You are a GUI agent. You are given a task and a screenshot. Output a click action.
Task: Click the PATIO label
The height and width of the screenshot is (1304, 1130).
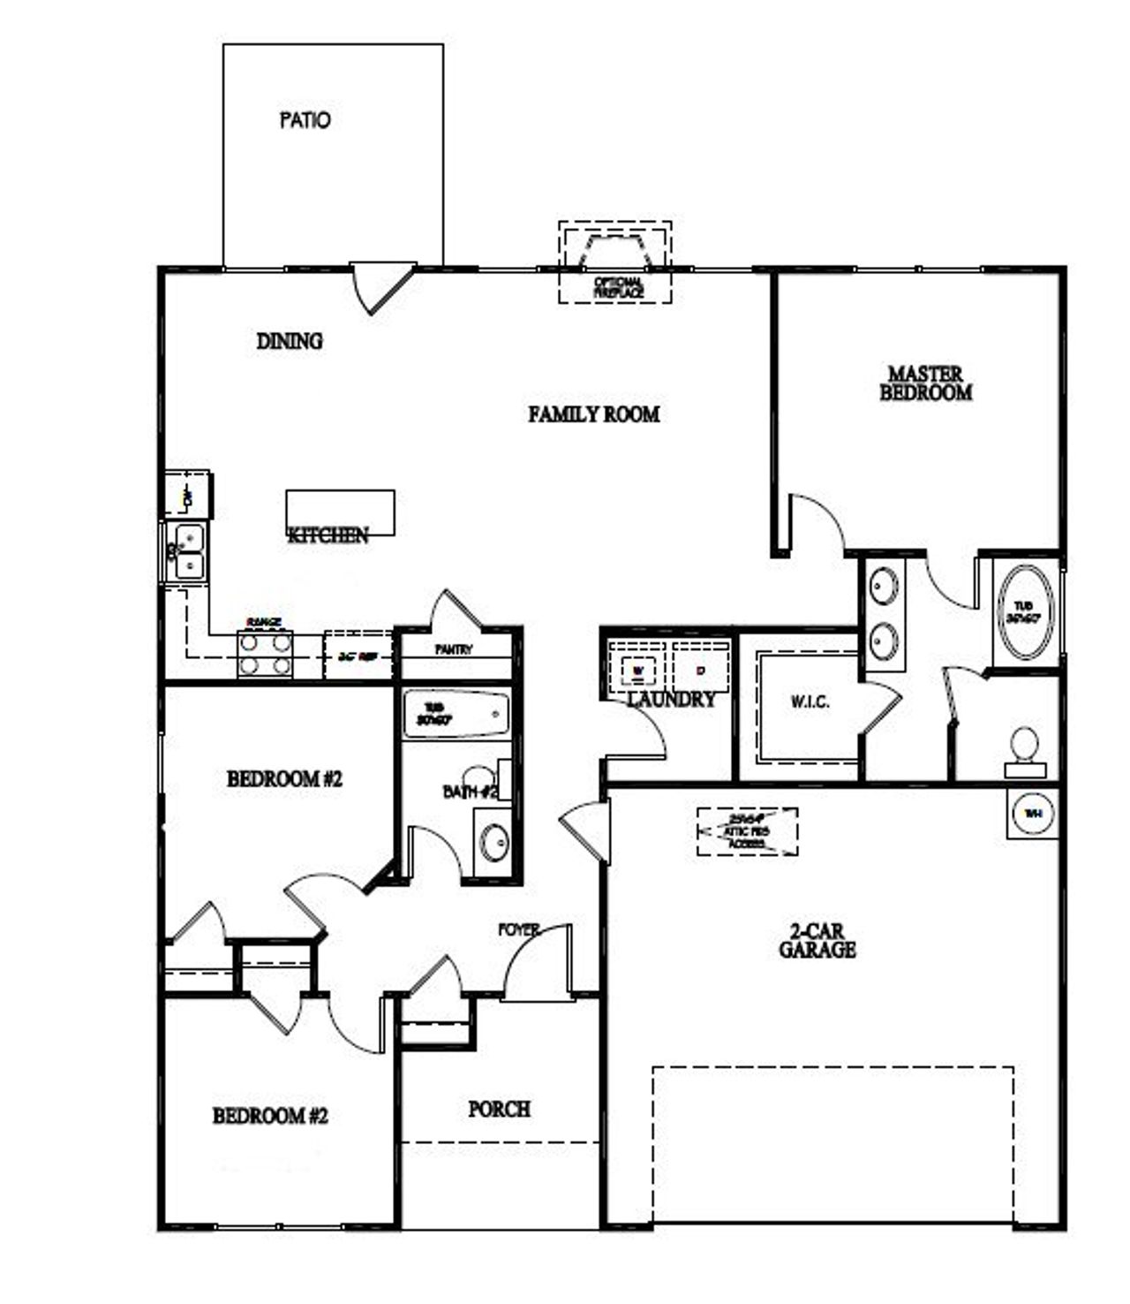click(x=305, y=119)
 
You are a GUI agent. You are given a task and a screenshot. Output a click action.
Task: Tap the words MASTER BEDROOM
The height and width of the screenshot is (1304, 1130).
click(x=925, y=384)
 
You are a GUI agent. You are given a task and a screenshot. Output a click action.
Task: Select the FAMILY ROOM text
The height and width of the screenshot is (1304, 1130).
click(x=593, y=414)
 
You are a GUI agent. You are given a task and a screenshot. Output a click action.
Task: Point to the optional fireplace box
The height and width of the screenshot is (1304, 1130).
click(x=615, y=262)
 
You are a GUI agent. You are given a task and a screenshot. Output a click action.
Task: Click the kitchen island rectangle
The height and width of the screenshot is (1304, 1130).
click(x=340, y=512)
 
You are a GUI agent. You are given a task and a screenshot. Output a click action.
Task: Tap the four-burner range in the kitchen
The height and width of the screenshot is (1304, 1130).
click(x=265, y=655)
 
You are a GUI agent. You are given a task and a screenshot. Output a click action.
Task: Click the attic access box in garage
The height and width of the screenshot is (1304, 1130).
click(x=747, y=831)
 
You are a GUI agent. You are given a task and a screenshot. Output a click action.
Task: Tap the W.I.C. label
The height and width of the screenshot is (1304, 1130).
click(x=809, y=704)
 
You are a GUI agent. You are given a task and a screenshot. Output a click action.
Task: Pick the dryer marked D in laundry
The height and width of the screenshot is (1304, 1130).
click(x=701, y=670)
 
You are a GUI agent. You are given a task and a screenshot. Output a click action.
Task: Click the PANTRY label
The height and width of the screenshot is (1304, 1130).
click(x=454, y=649)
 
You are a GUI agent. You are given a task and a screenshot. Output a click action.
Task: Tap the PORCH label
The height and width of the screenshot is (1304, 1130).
click(x=499, y=1109)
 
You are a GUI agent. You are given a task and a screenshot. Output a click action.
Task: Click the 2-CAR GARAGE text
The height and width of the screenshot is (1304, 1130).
click(x=817, y=942)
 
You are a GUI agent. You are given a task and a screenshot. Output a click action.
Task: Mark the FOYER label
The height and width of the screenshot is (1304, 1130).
click(x=519, y=929)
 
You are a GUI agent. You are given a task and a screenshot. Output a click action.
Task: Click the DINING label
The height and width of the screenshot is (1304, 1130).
click(x=290, y=341)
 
